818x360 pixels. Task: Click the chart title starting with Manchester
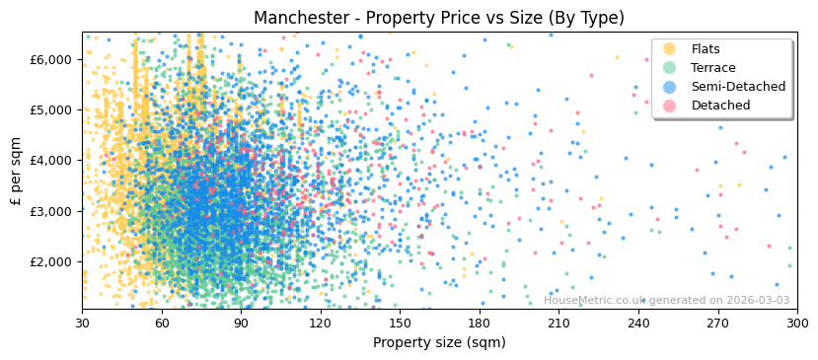pyautogui.click(x=439, y=18)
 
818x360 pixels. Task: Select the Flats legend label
pyautogui.click(x=706, y=49)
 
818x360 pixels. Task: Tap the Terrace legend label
pyautogui.click(x=712, y=68)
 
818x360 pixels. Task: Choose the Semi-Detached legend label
pyautogui.click(x=738, y=87)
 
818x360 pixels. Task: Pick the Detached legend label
pyautogui.click(x=720, y=106)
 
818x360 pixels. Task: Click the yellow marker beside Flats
pyautogui.click(x=670, y=49)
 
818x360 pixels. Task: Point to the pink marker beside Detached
pyautogui.click(x=670, y=106)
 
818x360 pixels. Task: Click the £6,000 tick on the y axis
pyautogui.click(x=52, y=59)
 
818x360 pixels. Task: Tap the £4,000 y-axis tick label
pyautogui.click(x=52, y=160)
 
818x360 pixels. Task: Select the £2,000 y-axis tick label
pyautogui.click(x=52, y=261)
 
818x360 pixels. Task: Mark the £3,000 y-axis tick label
pyautogui.click(x=52, y=211)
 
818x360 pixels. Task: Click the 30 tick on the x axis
pyautogui.click(x=83, y=324)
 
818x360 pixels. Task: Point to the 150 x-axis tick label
pyautogui.click(x=400, y=324)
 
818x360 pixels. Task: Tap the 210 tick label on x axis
pyautogui.click(x=558, y=324)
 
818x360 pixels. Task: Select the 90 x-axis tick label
pyautogui.click(x=242, y=324)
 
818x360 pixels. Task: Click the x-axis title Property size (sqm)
pyautogui.click(x=439, y=343)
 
